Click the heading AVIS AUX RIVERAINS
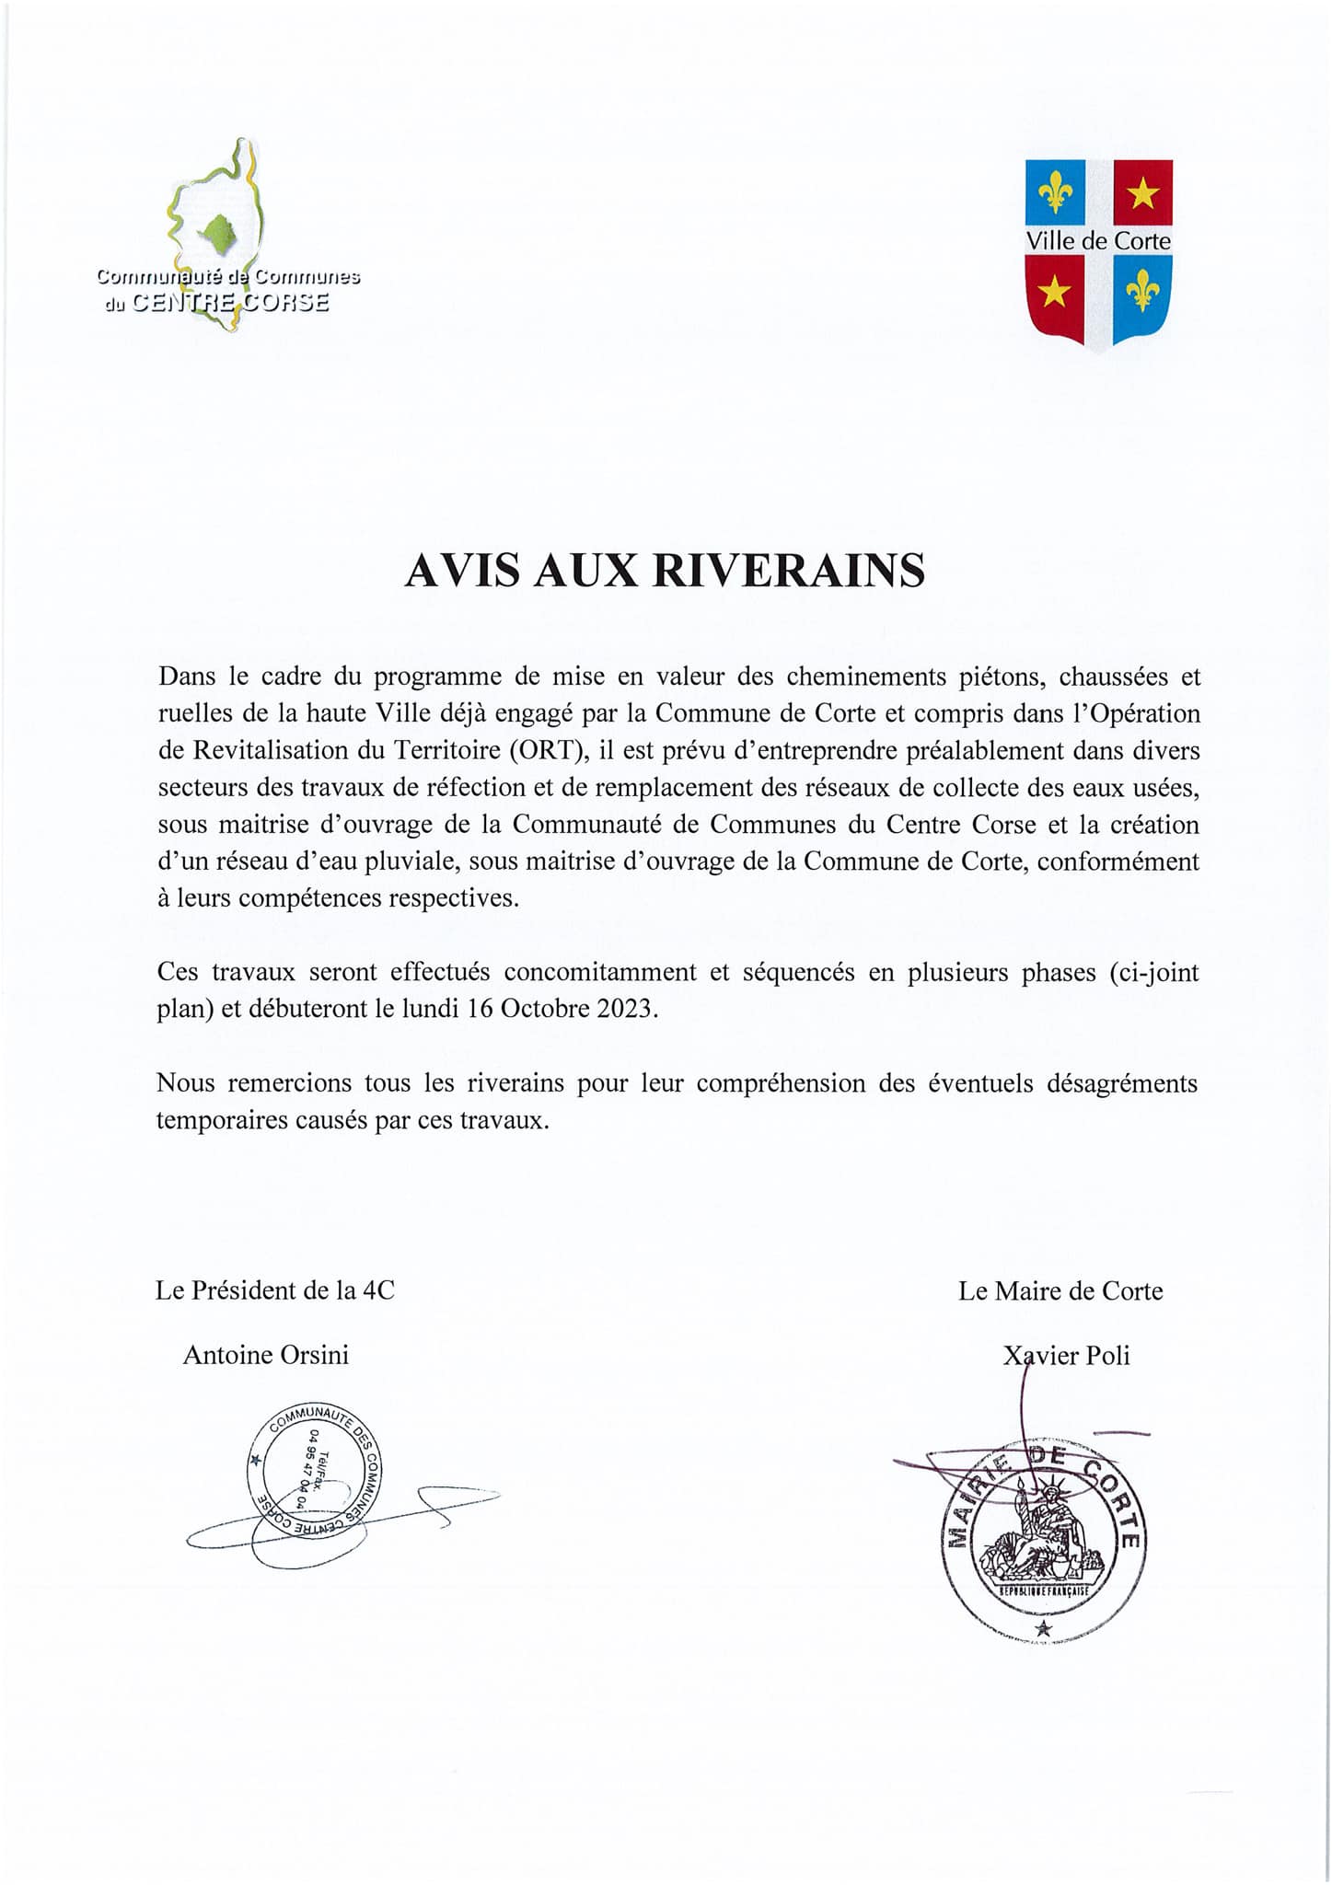point(665,571)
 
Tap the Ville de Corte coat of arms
point(1098,252)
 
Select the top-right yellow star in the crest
point(1142,192)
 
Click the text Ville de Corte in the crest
point(1098,241)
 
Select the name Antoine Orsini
point(266,1355)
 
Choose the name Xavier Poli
point(1067,1356)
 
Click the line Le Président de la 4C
point(275,1290)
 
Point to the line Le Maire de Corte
point(1060,1291)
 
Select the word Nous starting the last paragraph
point(186,1083)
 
